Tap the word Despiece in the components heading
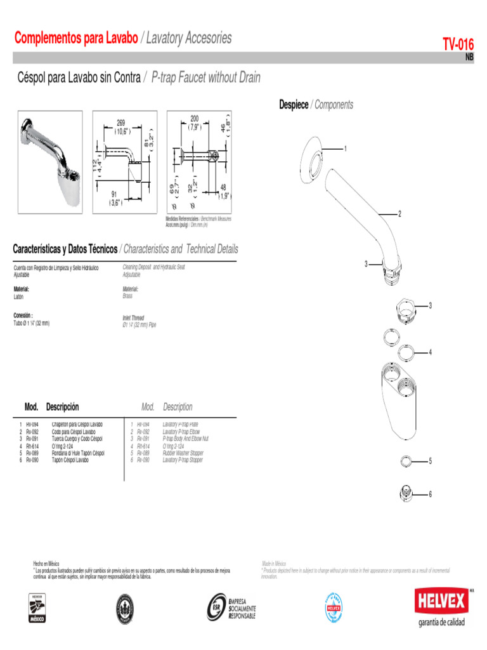pos(294,105)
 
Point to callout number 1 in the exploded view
pos(346,149)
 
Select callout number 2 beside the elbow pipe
pos(399,213)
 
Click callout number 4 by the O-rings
pos(430,352)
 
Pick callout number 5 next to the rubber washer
pos(430,460)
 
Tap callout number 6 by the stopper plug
pos(430,493)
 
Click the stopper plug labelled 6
pos(406,492)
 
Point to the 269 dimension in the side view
pos(121,123)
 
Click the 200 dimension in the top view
pos(194,119)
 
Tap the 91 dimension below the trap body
pos(114,194)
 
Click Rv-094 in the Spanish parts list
pos(32,424)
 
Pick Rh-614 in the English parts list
pos(144,446)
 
